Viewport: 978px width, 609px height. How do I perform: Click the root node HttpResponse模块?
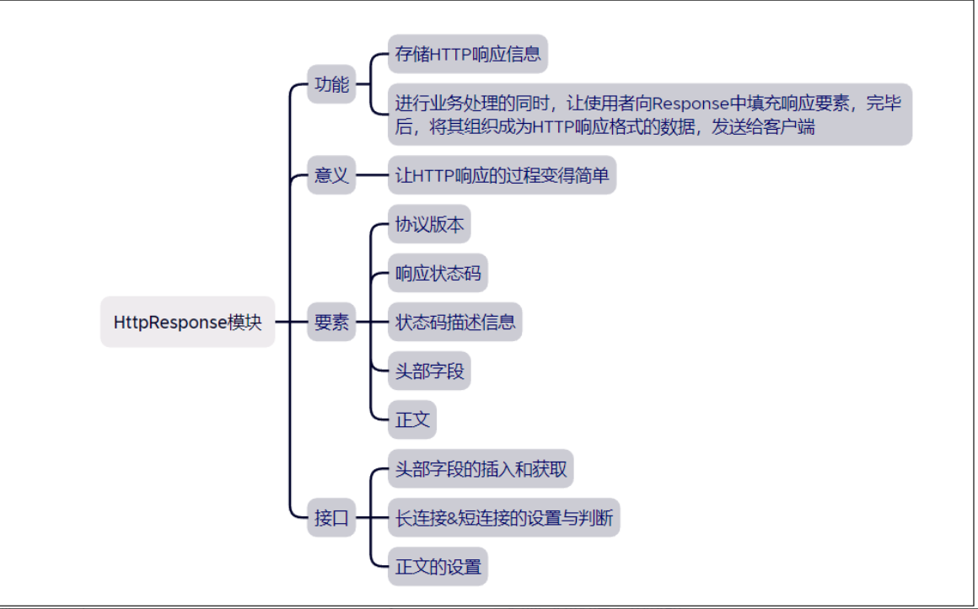point(187,322)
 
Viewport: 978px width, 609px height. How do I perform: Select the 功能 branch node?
point(331,84)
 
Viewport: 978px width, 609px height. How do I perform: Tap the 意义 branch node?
point(331,175)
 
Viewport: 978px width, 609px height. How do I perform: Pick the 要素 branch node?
point(331,322)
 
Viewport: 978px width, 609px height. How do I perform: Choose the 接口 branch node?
point(331,517)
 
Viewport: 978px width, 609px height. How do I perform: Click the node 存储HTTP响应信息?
point(468,54)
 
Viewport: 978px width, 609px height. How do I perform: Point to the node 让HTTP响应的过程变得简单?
point(502,175)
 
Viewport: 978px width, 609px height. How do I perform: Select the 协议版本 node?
point(429,224)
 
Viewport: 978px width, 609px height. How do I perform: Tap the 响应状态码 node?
point(438,273)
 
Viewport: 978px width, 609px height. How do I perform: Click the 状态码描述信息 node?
point(454,322)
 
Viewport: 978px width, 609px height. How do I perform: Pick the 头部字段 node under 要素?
point(429,371)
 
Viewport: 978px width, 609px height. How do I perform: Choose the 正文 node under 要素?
point(412,419)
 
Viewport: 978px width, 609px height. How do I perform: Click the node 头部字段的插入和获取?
point(481,468)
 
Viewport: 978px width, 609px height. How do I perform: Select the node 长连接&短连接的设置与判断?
point(504,517)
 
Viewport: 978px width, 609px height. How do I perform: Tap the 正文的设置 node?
point(438,567)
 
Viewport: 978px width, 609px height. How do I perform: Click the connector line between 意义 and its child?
point(372,175)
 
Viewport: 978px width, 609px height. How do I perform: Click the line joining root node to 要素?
point(291,322)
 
